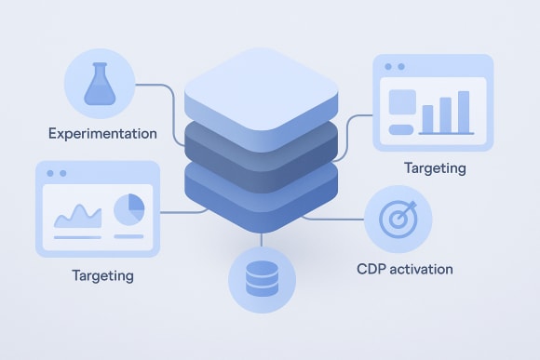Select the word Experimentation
click(102, 134)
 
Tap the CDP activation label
click(405, 269)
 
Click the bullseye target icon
click(398, 219)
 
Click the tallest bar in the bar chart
click(463, 112)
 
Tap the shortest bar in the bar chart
click(428, 119)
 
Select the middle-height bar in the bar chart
click(445, 114)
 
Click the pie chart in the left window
click(128, 209)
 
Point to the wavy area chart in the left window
click(77, 218)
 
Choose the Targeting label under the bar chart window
click(435, 168)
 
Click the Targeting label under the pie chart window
click(102, 275)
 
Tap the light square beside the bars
click(402, 100)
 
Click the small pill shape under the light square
click(401, 128)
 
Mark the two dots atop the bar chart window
click(394, 67)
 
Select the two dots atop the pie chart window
click(56, 173)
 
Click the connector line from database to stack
click(262, 239)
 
